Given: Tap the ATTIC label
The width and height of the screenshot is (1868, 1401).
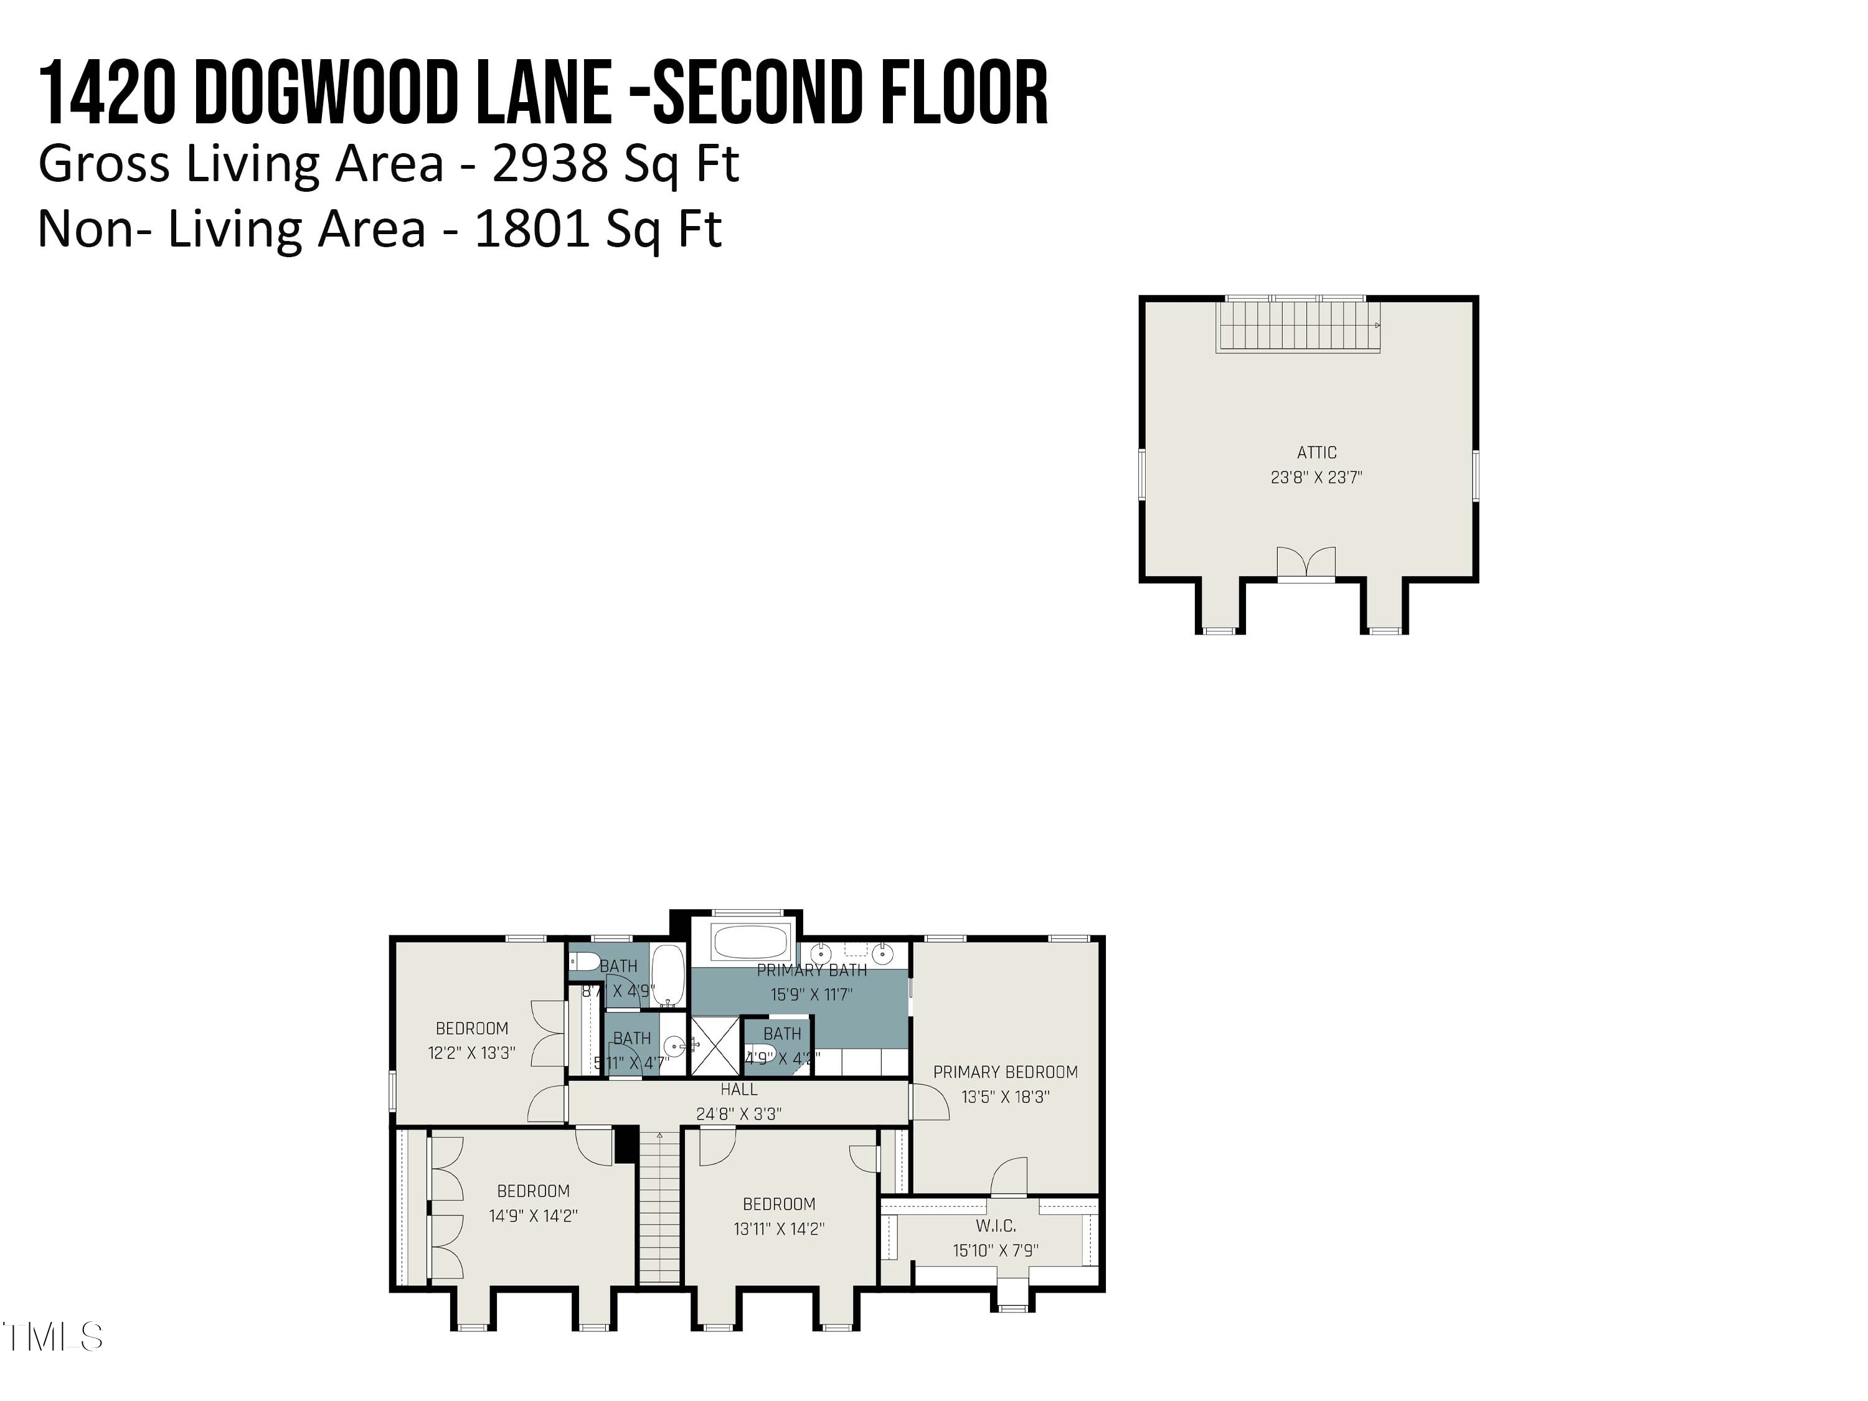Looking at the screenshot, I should (x=1316, y=453).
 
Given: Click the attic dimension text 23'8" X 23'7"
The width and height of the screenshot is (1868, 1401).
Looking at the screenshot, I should (x=1316, y=477).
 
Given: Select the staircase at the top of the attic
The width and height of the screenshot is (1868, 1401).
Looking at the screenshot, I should (x=1298, y=326).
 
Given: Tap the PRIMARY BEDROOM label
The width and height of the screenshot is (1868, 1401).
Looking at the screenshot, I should (x=1005, y=1072).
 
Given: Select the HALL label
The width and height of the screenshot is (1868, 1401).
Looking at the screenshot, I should (x=739, y=1090).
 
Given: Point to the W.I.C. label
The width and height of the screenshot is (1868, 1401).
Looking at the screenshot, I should (x=996, y=1225).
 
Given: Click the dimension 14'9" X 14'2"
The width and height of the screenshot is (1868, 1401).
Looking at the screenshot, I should (x=533, y=1216).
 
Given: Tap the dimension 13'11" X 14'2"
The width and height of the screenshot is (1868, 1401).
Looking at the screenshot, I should (x=778, y=1229).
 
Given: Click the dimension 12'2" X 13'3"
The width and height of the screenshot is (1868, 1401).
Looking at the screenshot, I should (x=471, y=1053).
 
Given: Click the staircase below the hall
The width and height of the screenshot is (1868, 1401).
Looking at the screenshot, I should (x=659, y=1207).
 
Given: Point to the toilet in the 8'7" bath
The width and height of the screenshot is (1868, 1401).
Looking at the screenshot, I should (x=585, y=962).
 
